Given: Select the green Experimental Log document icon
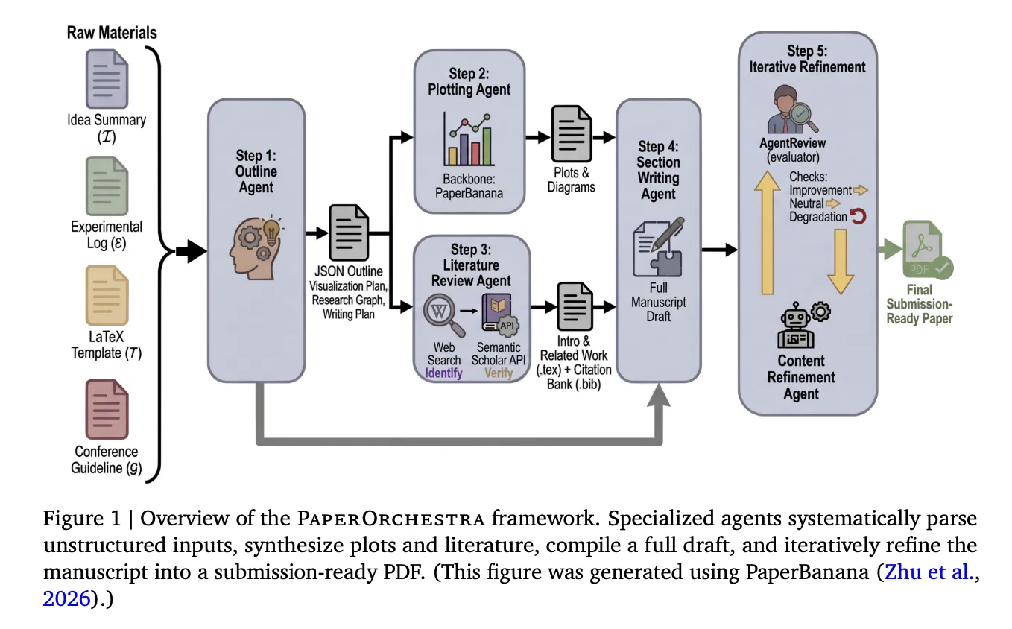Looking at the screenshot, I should click(107, 186).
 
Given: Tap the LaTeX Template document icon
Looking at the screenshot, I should click(107, 294).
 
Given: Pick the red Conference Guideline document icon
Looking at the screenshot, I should click(107, 408).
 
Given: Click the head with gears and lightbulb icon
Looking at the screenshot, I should click(256, 232).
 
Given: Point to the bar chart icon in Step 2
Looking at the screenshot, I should click(468, 139).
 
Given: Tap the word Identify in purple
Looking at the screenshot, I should click(443, 373).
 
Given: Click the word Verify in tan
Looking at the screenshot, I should click(499, 373).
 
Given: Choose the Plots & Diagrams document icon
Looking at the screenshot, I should click(572, 133).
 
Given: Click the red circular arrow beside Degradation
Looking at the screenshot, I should click(859, 217).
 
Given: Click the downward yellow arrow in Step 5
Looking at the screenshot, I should click(840, 261).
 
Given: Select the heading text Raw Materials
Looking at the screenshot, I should click(112, 33).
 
